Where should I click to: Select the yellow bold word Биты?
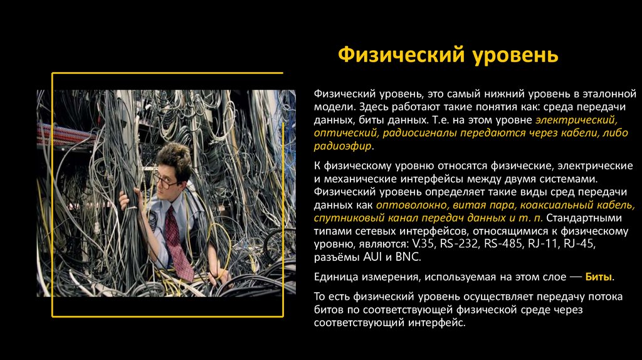[x=599, y=277]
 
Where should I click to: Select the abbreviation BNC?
[x=408, y=257]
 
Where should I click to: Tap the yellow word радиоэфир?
[x=342, y=146]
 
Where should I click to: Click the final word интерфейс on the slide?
[x=435, y=323]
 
